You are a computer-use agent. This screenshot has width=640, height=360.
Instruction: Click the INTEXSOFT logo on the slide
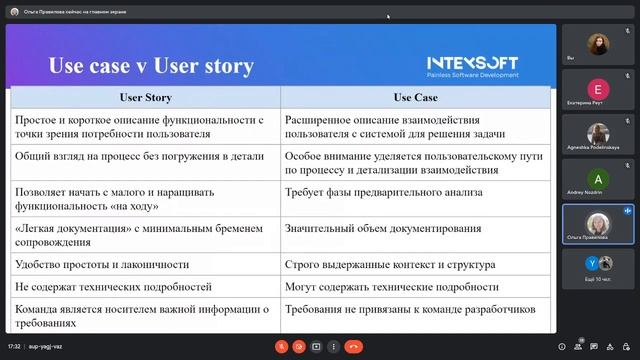[x=473, y=60]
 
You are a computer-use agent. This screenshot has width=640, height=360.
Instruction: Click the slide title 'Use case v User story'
[x=151, y=67]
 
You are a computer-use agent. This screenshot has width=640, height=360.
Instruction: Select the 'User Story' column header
[x=145, y=98]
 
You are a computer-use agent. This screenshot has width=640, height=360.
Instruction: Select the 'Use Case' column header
[x=415, y=98]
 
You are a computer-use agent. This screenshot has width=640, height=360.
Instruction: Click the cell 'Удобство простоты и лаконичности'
[x=102, y=265]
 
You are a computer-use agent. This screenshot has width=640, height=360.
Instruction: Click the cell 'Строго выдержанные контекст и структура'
[x=390, y=265]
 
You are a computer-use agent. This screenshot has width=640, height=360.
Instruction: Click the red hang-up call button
[x=353, y=346]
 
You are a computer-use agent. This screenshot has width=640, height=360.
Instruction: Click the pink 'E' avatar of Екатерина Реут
[x=597, y=88]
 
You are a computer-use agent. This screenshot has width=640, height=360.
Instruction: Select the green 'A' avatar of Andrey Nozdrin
[x=597, y=178]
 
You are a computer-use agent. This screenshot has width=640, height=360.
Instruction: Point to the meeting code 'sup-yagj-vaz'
[x=46, y=346]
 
